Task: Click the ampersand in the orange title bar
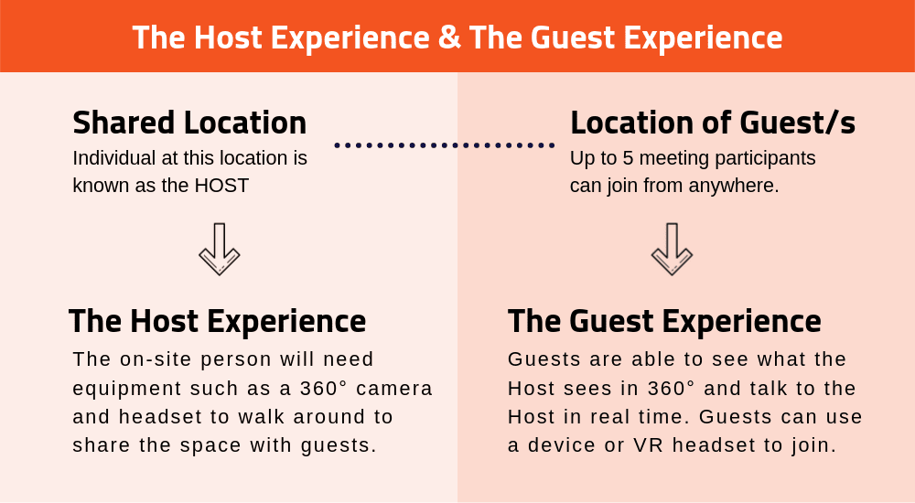(449, 37)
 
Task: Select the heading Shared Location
(189, 123)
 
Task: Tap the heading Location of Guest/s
(712, 123)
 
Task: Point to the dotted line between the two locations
(444, 144)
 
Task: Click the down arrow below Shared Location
(219, 249)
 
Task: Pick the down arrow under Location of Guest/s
(672, 249)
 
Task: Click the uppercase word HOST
(221, 185)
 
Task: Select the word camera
(394, 388)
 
